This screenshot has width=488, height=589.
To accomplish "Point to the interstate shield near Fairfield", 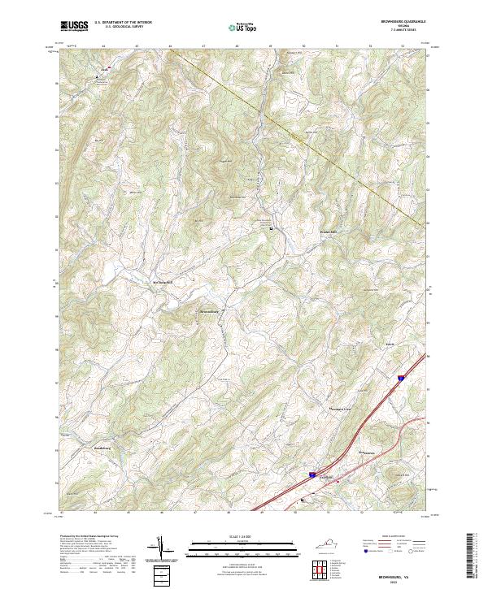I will click(x=312, y=469).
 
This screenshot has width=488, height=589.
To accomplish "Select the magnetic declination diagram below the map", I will click(x=162, y=549).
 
